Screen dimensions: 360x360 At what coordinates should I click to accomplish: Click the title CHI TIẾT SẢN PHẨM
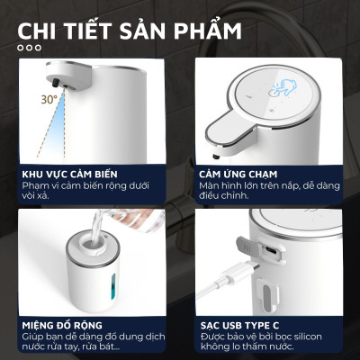point(130,31)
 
